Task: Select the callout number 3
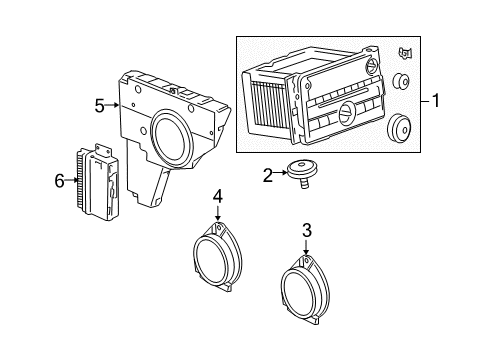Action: (x=306, y=231)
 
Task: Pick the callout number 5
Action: (x=99, y=104)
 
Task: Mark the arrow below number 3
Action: (x=306, y=250)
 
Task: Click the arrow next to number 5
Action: (x=115, y=104)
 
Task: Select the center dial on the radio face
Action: (x=345, y=111)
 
